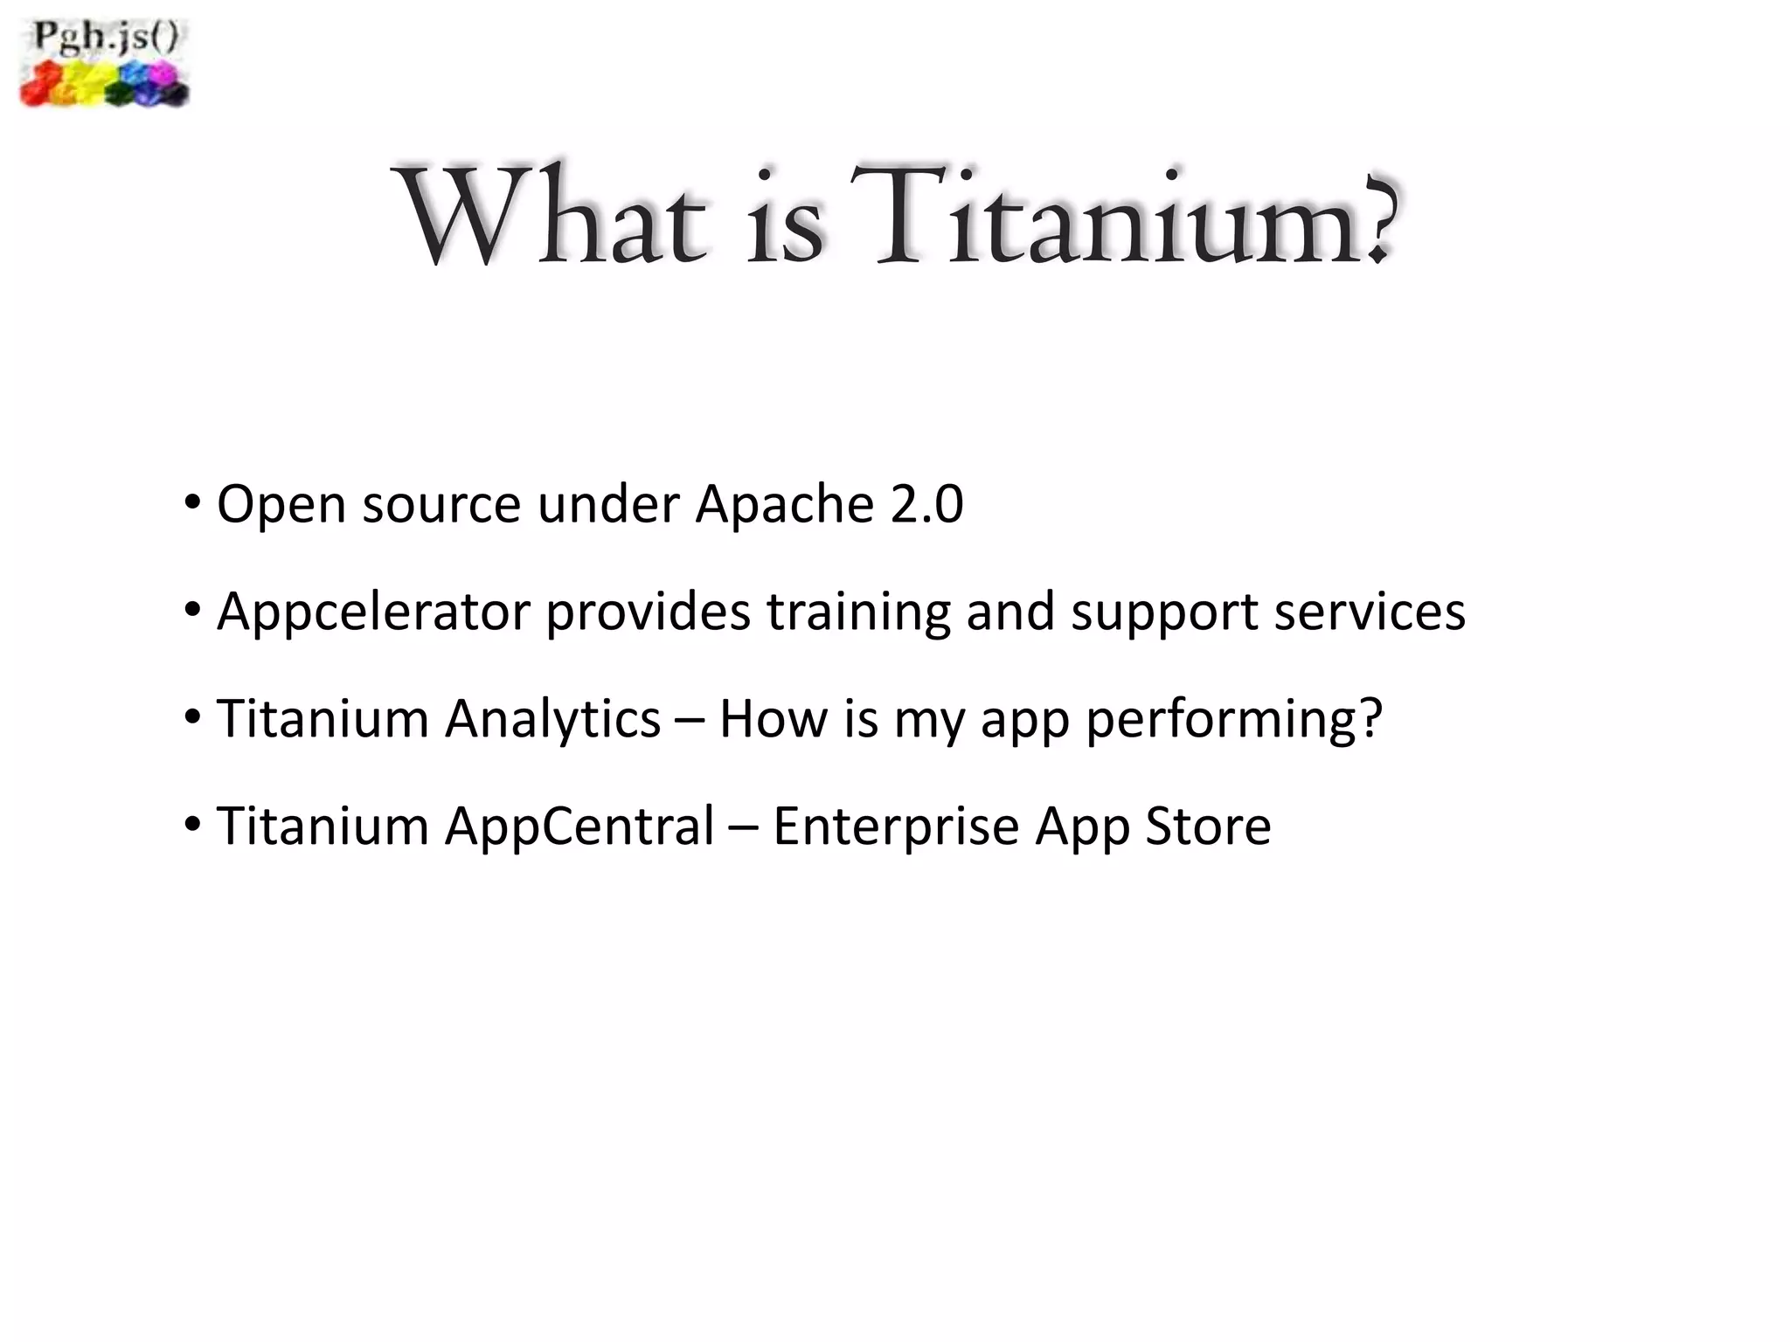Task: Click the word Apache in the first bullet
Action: point(784,505)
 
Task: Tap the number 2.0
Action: point(926,505)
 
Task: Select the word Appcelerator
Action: point(373,612)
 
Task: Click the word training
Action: point(857,612)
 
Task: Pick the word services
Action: point(1369,612)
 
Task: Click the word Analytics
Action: point(552,720)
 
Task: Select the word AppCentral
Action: point(579,827)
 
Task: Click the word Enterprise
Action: point(896,827)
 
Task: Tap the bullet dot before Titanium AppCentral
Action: point(192,824)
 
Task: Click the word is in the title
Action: point(785,218)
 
